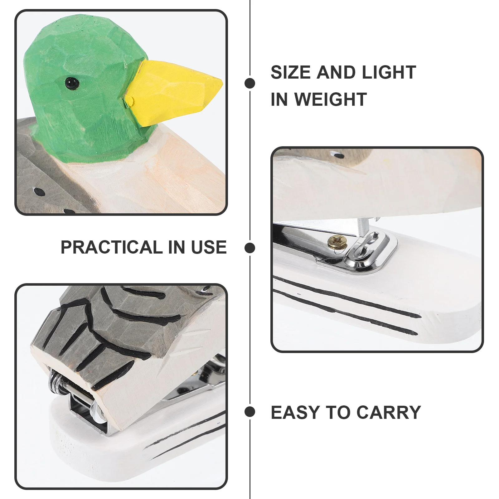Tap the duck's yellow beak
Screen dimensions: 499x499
pos(173,93)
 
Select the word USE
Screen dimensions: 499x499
pos(209,247)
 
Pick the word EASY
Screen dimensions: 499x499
pos(295,412)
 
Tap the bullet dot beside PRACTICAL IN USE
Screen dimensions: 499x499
pos(250,248)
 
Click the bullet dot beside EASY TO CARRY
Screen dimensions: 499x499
pos(250,412)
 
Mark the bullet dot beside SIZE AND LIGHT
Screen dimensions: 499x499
pos(250,83)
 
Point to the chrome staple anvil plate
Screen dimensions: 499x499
pos(368,253)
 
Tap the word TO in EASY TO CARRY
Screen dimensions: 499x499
pos(338,412)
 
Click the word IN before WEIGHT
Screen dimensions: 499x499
pos(280,99)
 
